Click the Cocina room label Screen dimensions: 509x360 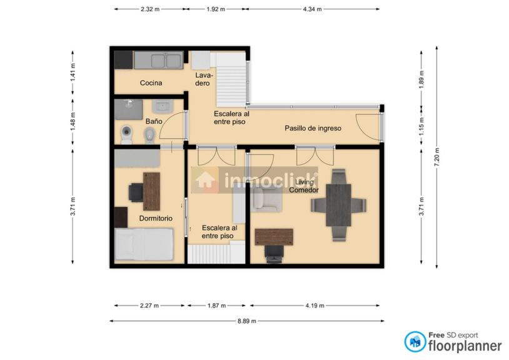151,83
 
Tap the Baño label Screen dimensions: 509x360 154,121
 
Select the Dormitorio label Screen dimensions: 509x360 156,218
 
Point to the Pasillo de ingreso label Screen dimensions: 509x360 313,128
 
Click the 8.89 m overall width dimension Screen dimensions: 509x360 247,321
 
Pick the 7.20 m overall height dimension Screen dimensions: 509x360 437,157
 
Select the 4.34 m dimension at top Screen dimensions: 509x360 312,9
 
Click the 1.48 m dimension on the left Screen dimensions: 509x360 73,121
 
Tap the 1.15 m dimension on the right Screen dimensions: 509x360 421,126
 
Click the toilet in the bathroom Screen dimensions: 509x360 126,134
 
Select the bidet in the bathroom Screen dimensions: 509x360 149,135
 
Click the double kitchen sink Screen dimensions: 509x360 158,60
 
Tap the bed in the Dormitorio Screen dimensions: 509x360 144,244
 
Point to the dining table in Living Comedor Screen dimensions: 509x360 338,205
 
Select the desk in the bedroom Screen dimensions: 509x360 151,191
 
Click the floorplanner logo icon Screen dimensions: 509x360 415,341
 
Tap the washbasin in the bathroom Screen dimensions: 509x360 163,106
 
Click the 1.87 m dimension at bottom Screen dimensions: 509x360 216,306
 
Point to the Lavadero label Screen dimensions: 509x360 203,79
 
